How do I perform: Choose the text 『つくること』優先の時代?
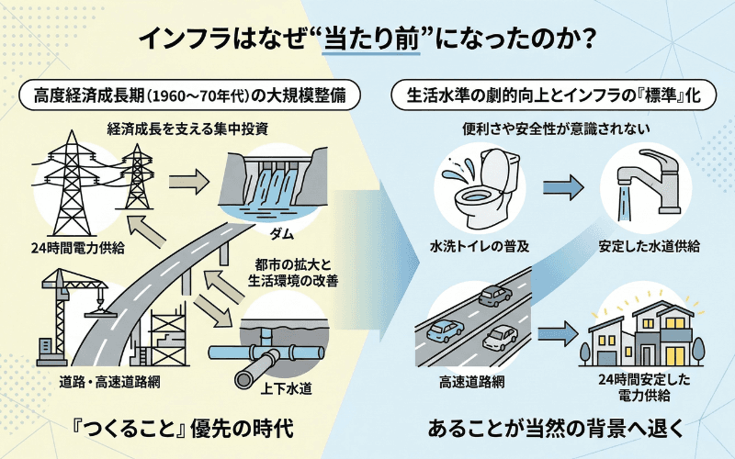pos(186,428)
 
